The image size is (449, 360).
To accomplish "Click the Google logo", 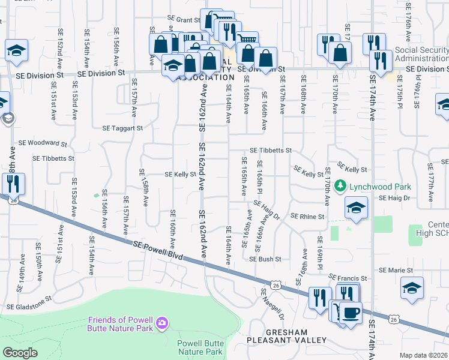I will pos(20,353).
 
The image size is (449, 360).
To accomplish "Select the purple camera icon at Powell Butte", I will pos(161,324).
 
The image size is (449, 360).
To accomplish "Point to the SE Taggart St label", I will pos(122,128).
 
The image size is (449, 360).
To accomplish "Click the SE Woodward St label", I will pos(43,143).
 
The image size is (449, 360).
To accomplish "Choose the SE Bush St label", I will pos(266,259).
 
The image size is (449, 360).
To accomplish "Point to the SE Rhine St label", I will pos(307,217).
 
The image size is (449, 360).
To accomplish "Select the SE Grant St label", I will pos(183,20).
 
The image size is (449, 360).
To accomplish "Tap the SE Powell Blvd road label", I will pos(157,248).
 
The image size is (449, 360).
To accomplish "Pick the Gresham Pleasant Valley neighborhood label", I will pos(287,336).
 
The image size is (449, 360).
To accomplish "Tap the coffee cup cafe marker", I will pos(350,312).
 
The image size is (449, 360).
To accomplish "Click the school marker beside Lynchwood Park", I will pos(356,208).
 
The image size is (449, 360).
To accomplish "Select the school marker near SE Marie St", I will pos(412,287).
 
